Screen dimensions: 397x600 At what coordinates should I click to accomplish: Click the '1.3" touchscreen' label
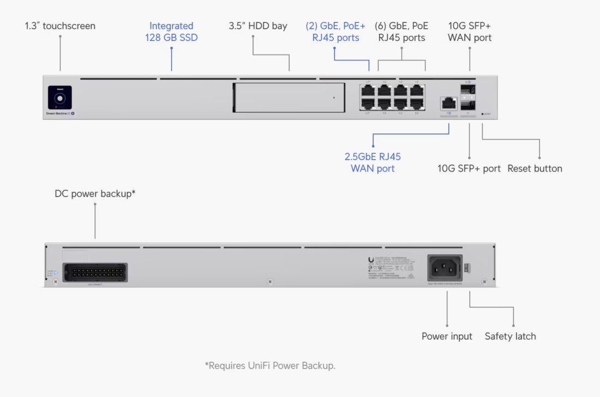point(60,26)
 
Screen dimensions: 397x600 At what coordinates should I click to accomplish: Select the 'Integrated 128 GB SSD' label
point(171,32)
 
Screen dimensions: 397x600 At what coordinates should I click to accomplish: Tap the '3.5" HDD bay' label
point(257,26)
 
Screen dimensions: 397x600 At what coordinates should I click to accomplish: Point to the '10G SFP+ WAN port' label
point(469,32)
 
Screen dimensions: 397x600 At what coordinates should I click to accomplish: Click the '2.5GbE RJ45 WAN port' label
point(373,162)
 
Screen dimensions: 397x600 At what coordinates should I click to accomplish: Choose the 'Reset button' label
point(535,168)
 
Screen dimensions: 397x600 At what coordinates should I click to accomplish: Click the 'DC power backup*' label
point(95,193)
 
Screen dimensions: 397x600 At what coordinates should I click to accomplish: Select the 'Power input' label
point(447,336)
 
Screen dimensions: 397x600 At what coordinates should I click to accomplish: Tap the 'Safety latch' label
point(510,336)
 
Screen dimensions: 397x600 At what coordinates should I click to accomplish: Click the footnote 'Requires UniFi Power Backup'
point(270,365)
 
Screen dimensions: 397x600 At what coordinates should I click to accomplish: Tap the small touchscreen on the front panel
point(60,98)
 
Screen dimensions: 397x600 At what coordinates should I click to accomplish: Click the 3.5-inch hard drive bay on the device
point(289,98)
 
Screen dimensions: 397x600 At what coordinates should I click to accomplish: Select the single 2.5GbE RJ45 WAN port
point(448,102)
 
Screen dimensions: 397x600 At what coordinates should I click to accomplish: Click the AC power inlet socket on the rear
point(444,268)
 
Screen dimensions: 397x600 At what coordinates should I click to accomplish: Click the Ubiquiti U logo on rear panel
point(371,260)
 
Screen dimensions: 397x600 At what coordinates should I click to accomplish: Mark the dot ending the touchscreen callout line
point(60,37)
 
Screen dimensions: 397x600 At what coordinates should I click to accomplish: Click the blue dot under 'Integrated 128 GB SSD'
point(171,48)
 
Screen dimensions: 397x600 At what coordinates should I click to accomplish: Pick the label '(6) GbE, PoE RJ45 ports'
point(401,32)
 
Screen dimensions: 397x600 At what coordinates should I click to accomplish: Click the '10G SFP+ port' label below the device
point(469,168)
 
